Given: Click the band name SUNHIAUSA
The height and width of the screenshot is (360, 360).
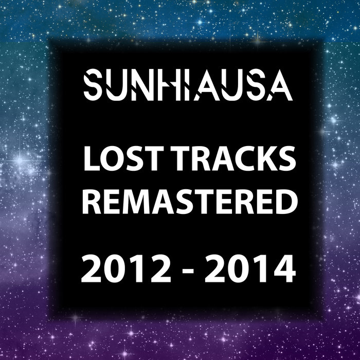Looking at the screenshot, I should pyautogui.click(x=188, y=86).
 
